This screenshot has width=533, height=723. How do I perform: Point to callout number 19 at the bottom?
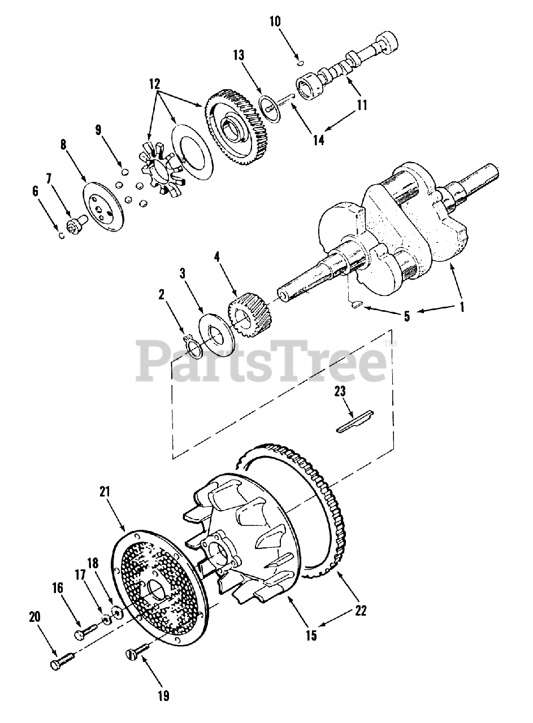coord(164,695)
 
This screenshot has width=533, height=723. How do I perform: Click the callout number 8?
coord(63,145)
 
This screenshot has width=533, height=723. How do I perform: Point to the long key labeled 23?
coord(355,421)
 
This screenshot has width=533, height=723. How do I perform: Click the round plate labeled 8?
coord(103,207)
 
